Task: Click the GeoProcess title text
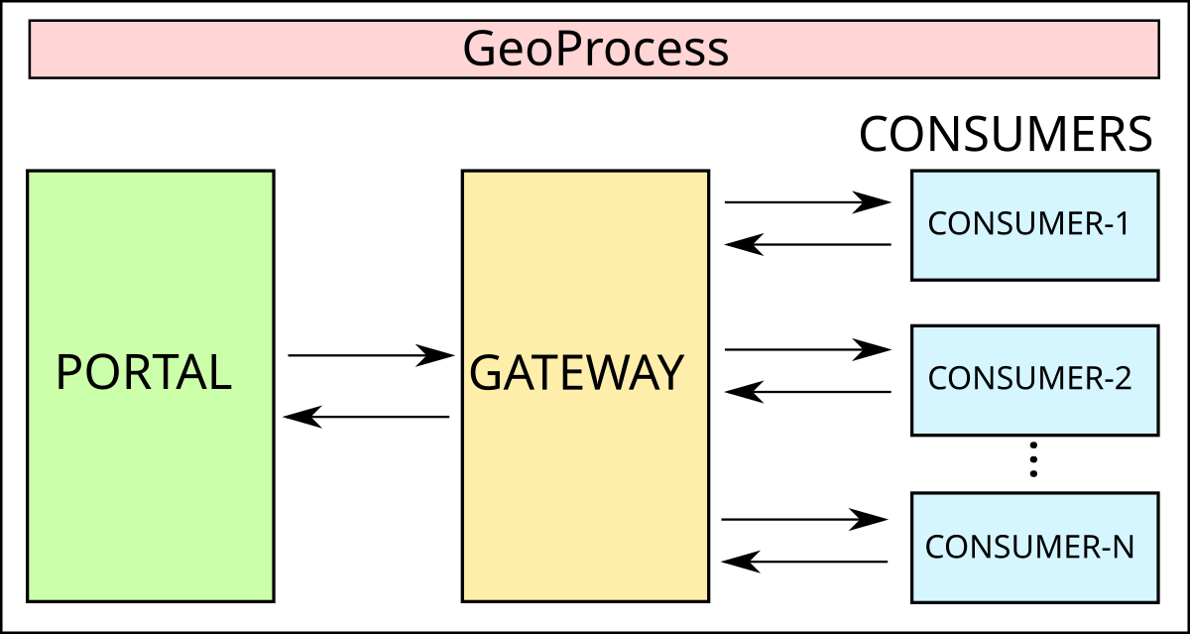[x=595, y=49]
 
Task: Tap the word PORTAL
[x=144, y=372]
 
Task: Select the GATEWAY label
[x=576, y=373]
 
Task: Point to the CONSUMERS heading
[x=1006, y=134]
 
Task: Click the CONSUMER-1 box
[x=1034, y=225]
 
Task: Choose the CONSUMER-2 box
[x=1034, y=379]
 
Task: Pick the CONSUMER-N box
[x=1034, y=547]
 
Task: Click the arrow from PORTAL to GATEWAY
[x=369, y=354]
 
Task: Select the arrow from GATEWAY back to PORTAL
[x=367, y=417]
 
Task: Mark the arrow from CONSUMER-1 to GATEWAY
[x=807, y=244]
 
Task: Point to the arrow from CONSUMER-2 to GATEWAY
[x=807, y=392]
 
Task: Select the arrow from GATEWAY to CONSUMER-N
[x=803, y=519]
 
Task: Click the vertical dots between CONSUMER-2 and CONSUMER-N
[x=1033, y=460]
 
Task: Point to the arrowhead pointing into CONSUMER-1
[x=874, y=202]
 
